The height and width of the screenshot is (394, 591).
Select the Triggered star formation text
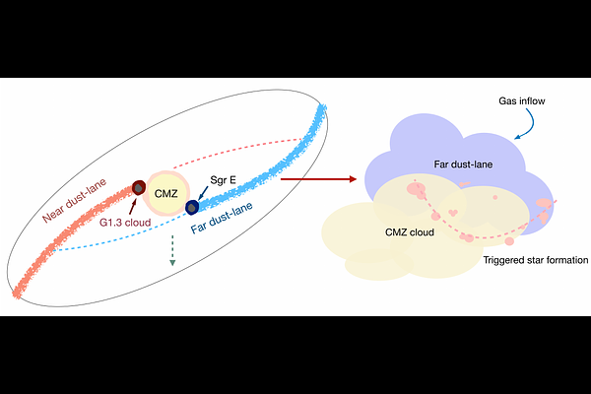pos(536,262)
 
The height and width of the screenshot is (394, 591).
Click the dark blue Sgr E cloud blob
pos(194,205)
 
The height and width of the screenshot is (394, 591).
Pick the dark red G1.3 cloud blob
pos(141,186)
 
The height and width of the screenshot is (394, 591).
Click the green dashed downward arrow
pos(172,251)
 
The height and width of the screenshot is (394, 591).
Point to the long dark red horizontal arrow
pos(317,179)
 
